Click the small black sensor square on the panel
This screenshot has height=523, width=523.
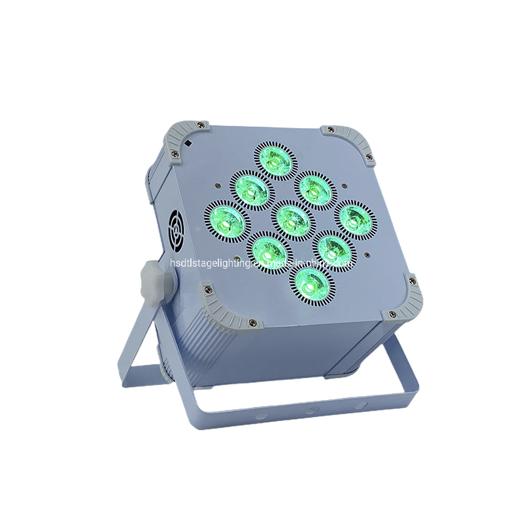[188, 143]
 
